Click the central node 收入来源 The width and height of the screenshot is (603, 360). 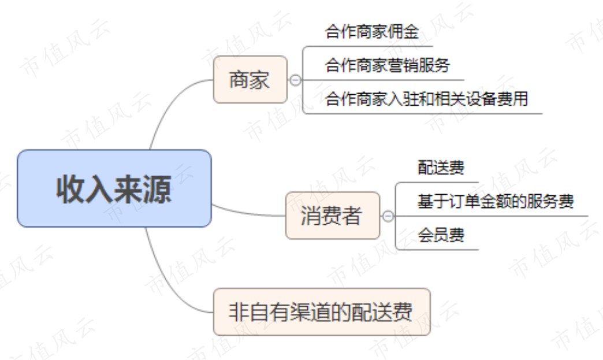[114, 188]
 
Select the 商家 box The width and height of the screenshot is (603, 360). [250, 80]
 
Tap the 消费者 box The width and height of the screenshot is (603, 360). [332, 216]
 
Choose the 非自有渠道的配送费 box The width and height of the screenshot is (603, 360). [321, 312]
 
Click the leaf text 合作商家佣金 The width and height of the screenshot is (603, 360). [372, 31]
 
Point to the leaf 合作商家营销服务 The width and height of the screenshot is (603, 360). [387, 65]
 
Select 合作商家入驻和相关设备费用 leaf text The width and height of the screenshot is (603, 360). [426, 99]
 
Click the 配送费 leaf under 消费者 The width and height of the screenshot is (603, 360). [441, 168]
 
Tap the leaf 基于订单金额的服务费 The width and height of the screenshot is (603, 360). [495, 202]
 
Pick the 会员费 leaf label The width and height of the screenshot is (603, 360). [441, 235]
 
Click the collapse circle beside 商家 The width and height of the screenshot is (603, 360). [295, 80]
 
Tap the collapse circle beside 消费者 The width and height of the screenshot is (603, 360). [388, 216]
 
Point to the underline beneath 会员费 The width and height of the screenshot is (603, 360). [439, 250]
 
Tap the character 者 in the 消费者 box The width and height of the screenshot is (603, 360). [352, 216]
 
